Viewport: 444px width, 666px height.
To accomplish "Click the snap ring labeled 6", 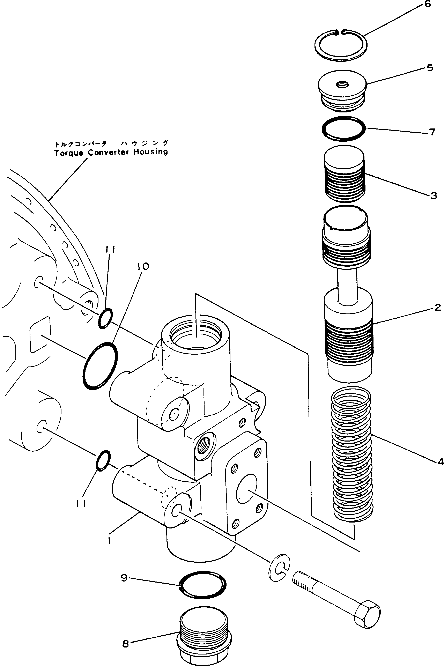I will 341,57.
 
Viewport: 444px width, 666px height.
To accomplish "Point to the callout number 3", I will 434,195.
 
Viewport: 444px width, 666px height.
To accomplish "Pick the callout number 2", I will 437,307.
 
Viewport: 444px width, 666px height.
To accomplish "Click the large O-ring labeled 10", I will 100,366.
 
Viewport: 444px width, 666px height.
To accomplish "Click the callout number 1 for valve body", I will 109,541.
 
